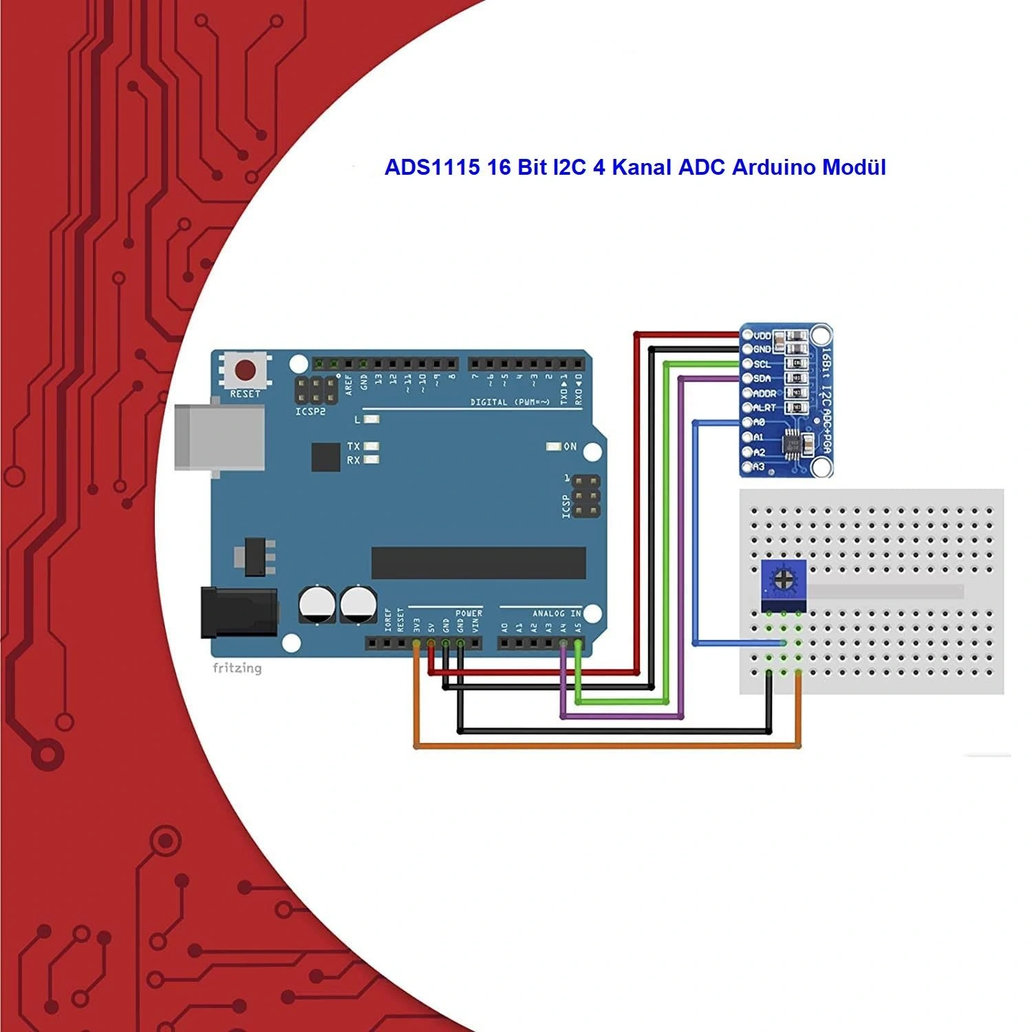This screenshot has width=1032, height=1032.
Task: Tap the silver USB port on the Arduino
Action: [219, 437]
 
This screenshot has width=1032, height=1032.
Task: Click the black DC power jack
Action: [238, 612]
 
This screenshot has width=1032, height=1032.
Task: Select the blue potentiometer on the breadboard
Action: [783, 585]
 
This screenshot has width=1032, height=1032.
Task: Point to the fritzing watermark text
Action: [237, 668]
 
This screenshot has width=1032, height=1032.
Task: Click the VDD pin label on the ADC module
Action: [762, 336]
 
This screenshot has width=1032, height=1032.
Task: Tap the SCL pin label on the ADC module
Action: [762, 364]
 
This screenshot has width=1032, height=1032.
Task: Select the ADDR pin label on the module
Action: [764, 394]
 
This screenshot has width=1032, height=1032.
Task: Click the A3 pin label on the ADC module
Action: [758, 467]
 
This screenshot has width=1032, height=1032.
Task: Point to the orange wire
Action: [605, 746]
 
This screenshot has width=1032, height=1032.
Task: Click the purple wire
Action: [681, 550]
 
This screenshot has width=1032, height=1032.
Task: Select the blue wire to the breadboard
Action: [696, 537]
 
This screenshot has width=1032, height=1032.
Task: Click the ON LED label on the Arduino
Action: [570, 447]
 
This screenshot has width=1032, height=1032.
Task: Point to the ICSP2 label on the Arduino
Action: [310, 412]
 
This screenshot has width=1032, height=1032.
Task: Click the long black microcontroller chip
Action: [478, 563]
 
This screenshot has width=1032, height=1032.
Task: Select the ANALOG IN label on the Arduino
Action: [557, 613]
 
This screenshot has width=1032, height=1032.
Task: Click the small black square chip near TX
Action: [325, 457]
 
